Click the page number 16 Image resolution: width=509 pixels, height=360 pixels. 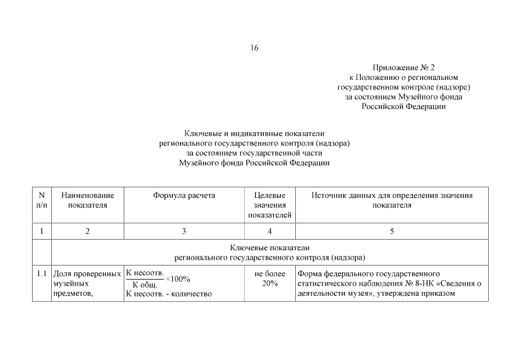(254, 48)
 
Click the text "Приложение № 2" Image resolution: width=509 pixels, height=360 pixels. (403, 67)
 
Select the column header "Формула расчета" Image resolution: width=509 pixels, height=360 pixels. (184, 196)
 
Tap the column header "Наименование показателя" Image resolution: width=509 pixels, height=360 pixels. (87, 200)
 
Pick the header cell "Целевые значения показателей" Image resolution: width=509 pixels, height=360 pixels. (270, 205)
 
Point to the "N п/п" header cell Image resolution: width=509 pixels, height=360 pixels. (42, 200)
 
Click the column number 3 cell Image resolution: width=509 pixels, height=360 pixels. (184, 231)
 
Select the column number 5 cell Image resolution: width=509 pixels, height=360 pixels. (391, 231)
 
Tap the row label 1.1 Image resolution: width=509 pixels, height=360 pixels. (42, 274)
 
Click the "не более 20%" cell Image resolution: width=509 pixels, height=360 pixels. (270, 278)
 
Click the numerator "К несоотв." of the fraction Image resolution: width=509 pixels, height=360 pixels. (145, 273)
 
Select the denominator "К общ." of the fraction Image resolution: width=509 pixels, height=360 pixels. (145, 285)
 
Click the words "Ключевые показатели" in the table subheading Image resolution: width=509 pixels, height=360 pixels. (270, 248)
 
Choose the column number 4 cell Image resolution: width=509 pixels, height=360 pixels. (270, 231)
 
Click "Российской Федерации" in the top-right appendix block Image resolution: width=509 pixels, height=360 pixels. (403, 106)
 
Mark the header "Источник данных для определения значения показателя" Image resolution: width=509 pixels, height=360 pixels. (391, 200)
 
